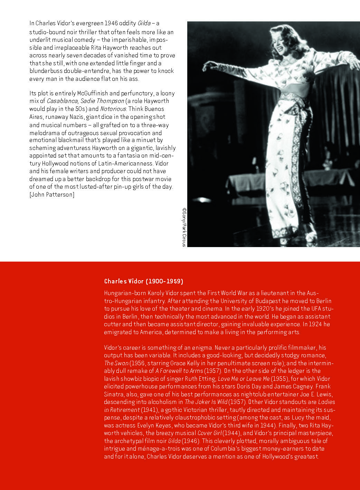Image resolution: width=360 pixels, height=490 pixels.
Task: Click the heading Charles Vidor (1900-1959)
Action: click(143, 281)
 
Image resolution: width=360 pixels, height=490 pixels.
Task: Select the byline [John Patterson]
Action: click(52, 195)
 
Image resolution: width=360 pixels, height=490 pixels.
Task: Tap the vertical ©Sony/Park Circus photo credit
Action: click(184, 227)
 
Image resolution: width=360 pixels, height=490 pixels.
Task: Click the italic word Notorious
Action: click(113, 109)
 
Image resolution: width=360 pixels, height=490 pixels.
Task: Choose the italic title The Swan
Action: click(116, 363)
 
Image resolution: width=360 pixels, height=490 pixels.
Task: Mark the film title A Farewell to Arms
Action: click(179, 371)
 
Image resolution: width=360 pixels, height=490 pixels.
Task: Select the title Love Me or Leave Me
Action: click(244, 379)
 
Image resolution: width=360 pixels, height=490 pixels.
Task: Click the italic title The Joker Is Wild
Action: click(206, 402)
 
